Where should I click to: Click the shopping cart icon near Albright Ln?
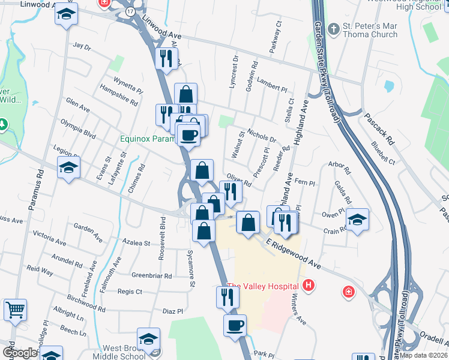click(x=15, y=310)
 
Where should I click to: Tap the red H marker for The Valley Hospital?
click(x=309, y=285)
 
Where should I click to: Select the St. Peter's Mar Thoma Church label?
click(x=370, y=31)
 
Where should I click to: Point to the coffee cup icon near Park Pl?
click(x=235, y=326)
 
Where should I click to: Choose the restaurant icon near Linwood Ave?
click(x=166, y=59)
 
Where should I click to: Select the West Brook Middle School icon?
click(x=148, y=339)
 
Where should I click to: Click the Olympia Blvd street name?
click(x=78, y=128)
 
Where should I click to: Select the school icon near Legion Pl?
click(x=68, y=168)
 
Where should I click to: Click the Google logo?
click(x=19, y=353)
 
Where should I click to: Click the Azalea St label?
click(x=136, y=244)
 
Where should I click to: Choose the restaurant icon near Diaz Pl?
click(x=228, y=297)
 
